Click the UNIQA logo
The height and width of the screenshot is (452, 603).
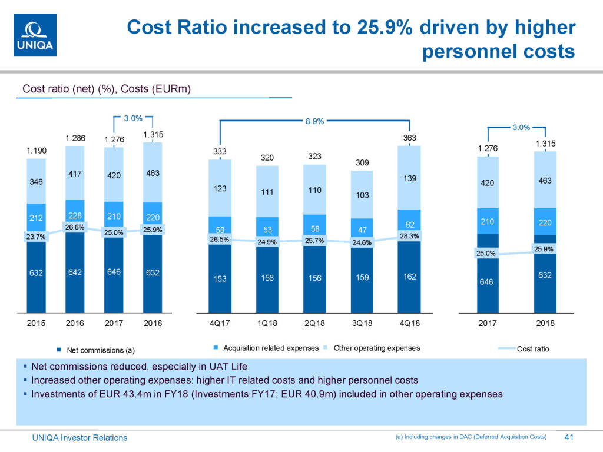(x=35, y=35)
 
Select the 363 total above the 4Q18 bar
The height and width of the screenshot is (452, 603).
(x=409, y=138)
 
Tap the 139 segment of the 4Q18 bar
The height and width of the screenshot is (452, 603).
(x=409, y=178)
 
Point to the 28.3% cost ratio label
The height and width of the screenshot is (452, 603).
(x=409, y=236)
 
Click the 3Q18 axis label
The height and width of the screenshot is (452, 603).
(x=362, y=323)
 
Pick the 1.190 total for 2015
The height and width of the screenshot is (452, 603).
(x=37, y=151)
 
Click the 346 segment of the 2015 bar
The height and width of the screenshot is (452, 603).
(x=37, y=183)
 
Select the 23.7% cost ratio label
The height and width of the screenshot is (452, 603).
(x=36, y=237)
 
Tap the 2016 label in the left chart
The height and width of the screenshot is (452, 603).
(x=75, y=323)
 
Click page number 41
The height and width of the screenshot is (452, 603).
(x=569, y=437)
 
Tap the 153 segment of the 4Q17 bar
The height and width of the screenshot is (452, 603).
(x=220, y=279)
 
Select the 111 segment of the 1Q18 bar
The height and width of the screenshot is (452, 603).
(x=267, y=192)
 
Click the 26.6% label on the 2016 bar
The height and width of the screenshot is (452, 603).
(x=75, y=227)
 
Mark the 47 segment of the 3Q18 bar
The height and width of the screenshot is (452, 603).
(x=362, y=230)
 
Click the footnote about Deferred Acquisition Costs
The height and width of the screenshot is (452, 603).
(x=470, y=437)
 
